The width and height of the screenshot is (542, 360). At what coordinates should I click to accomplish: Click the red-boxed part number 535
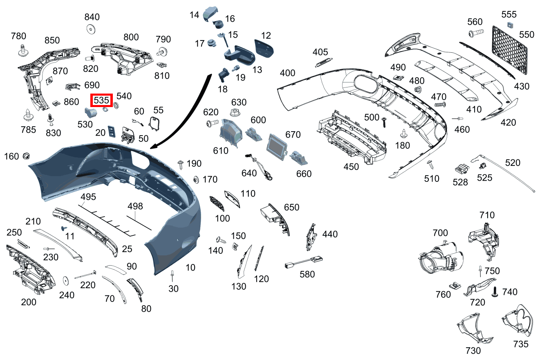[101, 100]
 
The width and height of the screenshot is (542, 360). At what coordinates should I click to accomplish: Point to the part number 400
[287, 73]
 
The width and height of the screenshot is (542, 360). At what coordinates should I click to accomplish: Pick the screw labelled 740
[495, 291]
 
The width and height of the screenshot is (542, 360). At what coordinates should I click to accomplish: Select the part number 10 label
[190, 268]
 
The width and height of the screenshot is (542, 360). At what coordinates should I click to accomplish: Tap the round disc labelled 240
[65, 282]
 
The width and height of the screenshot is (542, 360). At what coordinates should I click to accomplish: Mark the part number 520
[513, 163]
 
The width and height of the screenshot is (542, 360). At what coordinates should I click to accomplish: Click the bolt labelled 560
[476, 32]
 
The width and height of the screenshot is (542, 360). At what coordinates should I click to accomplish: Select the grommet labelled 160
[27, 156]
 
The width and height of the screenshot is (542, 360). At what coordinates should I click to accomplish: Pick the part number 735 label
[521, 344]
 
